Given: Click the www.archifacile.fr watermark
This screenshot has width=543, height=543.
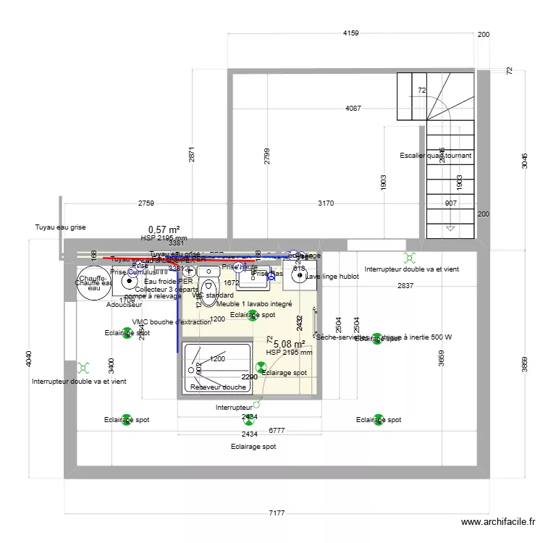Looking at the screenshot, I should pyautogui.click(x=498, y=523).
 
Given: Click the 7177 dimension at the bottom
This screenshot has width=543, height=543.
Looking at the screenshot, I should pyautogui.click(x=277, y=513).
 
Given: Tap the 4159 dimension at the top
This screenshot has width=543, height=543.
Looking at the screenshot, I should pyautogui.click(x=350, y=33).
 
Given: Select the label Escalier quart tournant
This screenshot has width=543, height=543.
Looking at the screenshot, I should pyautogui.click(x=435, y=156).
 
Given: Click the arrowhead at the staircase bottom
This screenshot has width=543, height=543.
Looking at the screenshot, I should pyautogui.click(x=450, y=228).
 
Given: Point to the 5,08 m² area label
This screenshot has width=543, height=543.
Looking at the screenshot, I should pyautogui.click(x=289, y=344).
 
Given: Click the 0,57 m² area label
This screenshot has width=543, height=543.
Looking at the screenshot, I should pyautogui.click(x=164, y=230).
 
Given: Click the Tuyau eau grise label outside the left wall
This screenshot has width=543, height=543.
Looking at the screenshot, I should pyautogui.click(x=60, y=227).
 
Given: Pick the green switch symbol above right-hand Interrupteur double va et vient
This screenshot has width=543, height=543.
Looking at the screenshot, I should pyautogui.click(x=410, y=257).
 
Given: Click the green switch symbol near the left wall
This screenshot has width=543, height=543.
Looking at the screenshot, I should pyautogui.click(x=85, y=369).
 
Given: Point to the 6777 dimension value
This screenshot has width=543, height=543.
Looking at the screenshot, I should pyautogui.click(x=276, y=430).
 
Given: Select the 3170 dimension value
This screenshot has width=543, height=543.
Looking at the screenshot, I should pyautogui.click(x=326, y=203).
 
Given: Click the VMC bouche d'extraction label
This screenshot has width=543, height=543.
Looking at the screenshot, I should pyautogui.click(x=172, y=322).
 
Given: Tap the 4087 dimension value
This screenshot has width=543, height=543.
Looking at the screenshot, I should pyautogui.click(x=353, y=109).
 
